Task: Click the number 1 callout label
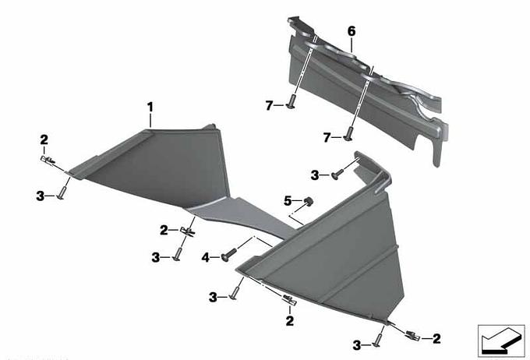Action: (x=150, y=108)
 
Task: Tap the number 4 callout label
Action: (x=206, y=258)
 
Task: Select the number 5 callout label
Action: (x=288, y=201)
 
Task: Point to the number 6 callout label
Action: (x=352, y=31)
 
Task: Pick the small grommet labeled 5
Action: (x=308, y=202)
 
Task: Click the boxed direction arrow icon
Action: (x=501, y=341)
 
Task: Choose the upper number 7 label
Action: (x=269, y=106)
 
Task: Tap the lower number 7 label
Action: (x=327, y=138)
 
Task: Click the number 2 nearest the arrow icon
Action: (x=436, y=338)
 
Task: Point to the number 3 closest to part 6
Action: (x=315, y=175)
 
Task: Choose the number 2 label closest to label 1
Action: (x=44, y=139)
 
